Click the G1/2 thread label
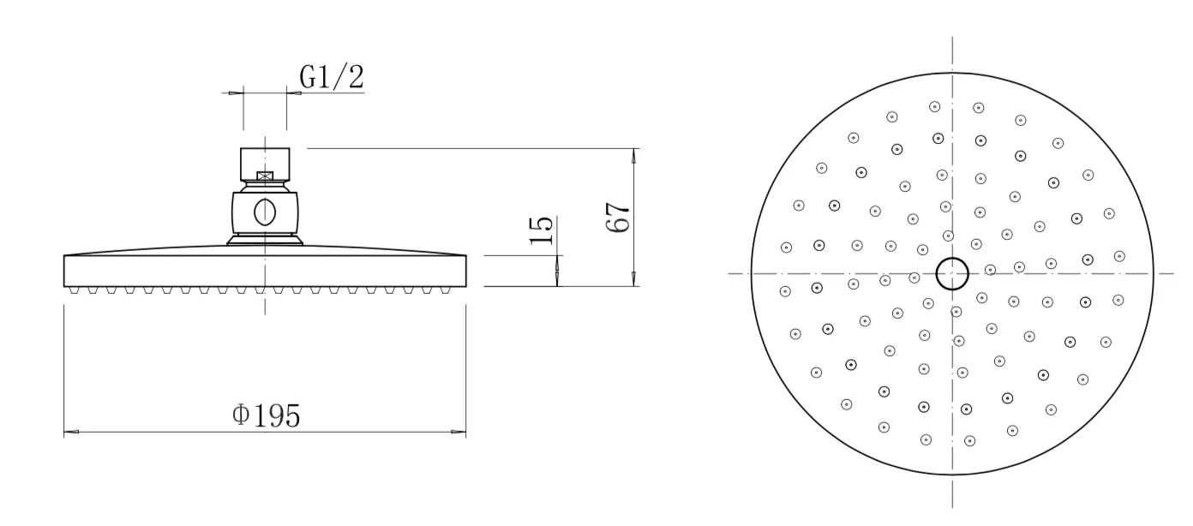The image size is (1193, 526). pyautogui.click(x=332, y=77)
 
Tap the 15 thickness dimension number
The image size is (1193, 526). pyautogui.click(x=543, y=230)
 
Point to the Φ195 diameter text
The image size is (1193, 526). pyautogui.click(x=267, y=415)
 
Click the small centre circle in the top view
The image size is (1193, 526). pyautogui.click(x=952, y=274)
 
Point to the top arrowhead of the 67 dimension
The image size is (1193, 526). pyautogui.click(x=634, y=154)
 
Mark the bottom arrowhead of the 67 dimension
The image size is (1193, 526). pyautogui.click(x=634, y=280)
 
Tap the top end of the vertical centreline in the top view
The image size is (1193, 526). pyautogui.click(x=952, y=39)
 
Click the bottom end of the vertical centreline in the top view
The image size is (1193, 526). pyautogui.click(x=952, y=507)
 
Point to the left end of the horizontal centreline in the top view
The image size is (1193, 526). pyautogui.click(x=730, y=274)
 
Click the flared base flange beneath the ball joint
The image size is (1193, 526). pyautogui.click(x=266, y=241)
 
